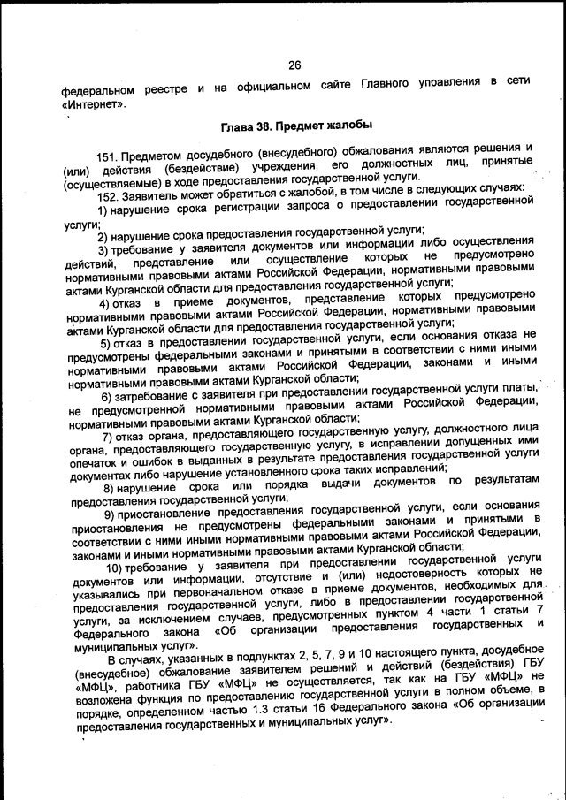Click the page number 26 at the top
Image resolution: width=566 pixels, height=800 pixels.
pyautogui.click(x=294, y=65)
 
